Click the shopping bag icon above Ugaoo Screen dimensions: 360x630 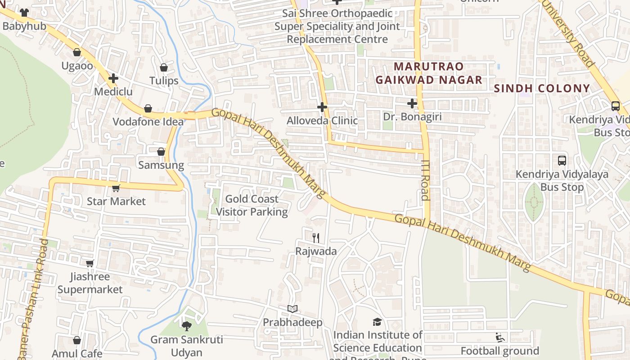coord(77,53)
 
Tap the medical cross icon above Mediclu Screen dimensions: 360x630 coord(113,78)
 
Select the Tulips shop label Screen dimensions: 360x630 coord(164,81)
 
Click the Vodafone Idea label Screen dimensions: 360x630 coord(148,121)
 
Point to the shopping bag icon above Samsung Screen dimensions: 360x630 coord(161,152)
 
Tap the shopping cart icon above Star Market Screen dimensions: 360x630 coord(116,188)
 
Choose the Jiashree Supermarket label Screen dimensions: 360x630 coord(90,283)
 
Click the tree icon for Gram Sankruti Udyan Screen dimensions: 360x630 coord(186,326)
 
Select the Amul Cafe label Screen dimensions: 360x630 coord(77,354)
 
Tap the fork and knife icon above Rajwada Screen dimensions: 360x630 coord(316,238)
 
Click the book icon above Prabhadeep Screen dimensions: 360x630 coord(292,309)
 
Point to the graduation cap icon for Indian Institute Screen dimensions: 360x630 coord(377,322)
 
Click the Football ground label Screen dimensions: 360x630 coord(499,351)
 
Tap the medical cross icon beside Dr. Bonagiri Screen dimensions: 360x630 coord(412,103)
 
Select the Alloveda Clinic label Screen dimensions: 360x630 coord(322,121)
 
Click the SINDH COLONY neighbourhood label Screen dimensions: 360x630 coord(542,88)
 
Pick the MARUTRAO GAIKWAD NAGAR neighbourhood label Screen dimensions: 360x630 coord(428,73)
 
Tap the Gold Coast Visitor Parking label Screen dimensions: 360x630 coord(252,205)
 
